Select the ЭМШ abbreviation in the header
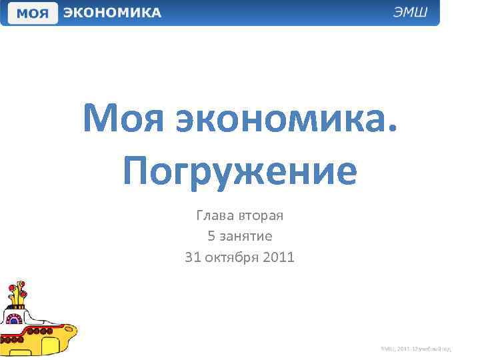(x=414, y=13)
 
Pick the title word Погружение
(x=240, y=171)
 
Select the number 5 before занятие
(x=211, y=235)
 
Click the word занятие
(x=246, y=236)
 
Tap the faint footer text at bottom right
(x=416, y=348)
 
